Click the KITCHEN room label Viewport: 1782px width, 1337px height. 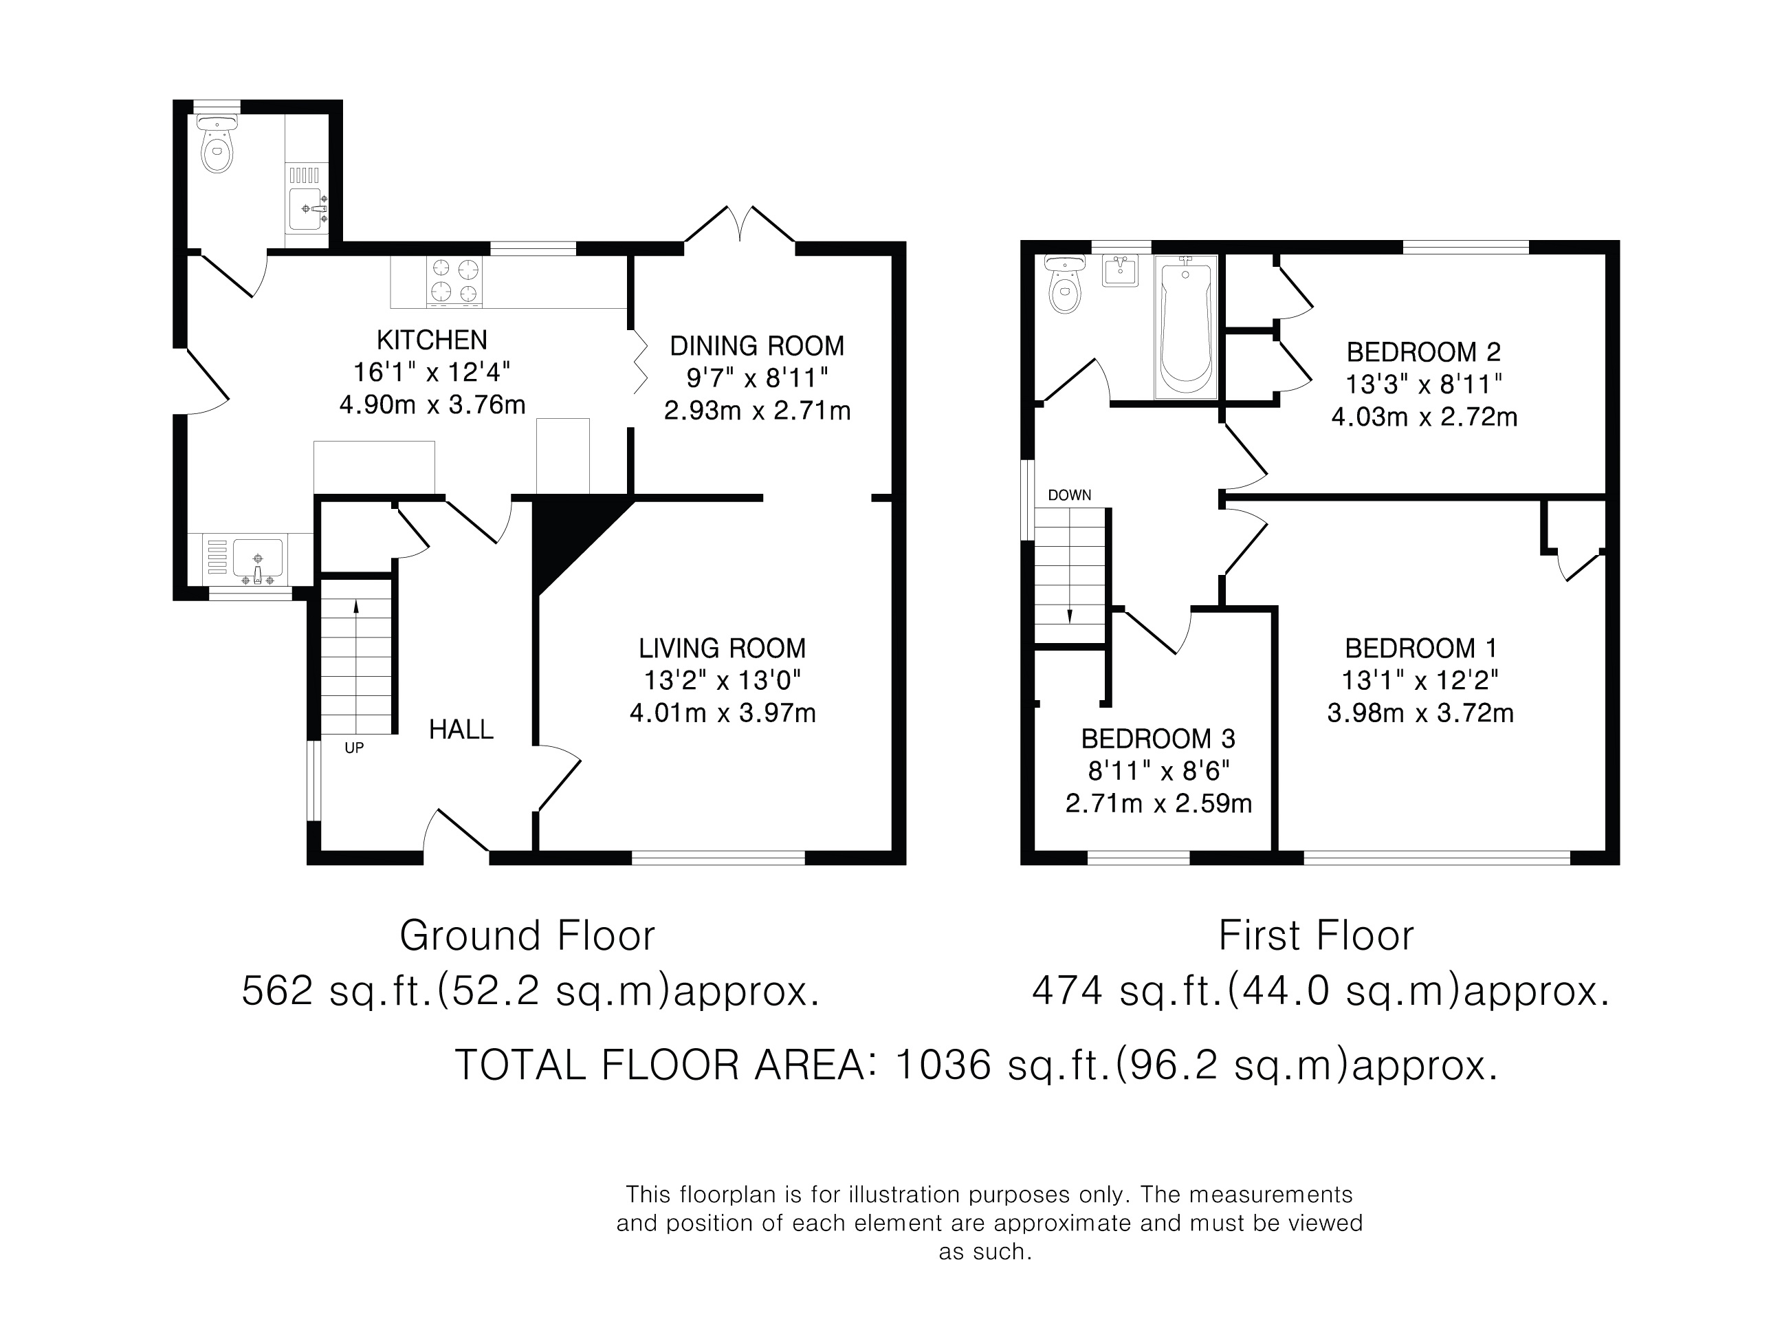[x=432, y=340]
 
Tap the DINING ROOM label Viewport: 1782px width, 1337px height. [x=757, y=346]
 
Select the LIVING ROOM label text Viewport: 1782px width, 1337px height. [x=723, y=648]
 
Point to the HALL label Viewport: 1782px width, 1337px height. [x=461, y=729]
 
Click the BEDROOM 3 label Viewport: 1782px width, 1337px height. [x=1158, y=738]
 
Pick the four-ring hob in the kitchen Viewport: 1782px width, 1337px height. [x=455, y=281]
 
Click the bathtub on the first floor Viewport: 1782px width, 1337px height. [x=1186, y=327]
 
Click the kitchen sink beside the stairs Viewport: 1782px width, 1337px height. [x=257, y=559]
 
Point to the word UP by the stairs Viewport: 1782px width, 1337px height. [x=355, y=748]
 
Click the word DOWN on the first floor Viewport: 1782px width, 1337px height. [x=1070, y=494]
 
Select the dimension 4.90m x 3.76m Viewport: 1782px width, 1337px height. [x=432, y=404]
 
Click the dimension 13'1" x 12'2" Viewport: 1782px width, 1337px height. [x=1420, y=680]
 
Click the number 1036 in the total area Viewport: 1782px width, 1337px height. [x=943, y=1065]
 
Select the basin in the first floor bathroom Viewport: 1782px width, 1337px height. [x=1120, y=271]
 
